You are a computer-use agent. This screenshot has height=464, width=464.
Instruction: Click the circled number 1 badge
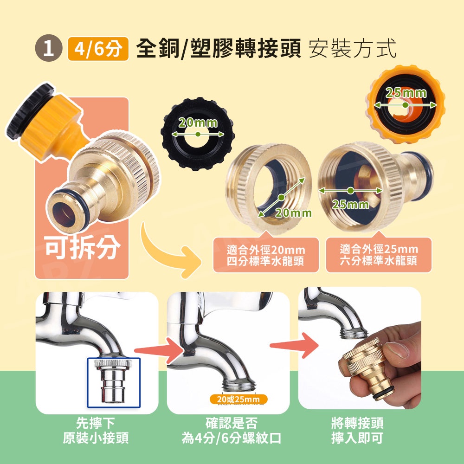(x=49, y=48)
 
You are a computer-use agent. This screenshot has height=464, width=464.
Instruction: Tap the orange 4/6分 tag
(x=98, y=49)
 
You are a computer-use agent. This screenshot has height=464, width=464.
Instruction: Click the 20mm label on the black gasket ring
(x=198, y=123)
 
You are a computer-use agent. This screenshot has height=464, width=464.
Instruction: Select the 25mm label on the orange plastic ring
(x=406, y=93)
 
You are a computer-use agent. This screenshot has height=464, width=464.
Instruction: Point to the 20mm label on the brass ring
(x=293, y=213)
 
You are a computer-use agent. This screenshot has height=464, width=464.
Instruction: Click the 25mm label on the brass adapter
(x=351, y=205)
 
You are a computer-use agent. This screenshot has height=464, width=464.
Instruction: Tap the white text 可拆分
(x=83, y=247)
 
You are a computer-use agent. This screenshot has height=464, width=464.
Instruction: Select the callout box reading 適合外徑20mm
(x=266, y=255)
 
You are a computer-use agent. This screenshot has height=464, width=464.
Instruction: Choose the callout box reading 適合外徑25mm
(x=379, y=255)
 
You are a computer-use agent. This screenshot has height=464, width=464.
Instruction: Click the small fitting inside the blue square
(x=113, y=380)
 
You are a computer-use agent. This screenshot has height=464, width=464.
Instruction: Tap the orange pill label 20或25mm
(x=238, y=400)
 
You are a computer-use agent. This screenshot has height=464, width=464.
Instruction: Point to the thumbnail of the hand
(x=360, y=348)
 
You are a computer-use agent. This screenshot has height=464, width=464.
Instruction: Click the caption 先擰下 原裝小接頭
(x=96, y=431)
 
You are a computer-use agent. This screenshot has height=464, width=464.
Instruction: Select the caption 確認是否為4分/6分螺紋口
(x=231, y=431)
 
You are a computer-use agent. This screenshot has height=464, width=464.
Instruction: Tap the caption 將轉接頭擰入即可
(x=357, y=431)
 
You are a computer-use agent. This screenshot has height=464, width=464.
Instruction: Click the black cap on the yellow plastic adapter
(x=30, y=111)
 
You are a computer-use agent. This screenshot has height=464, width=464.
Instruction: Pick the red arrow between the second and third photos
(x=294, y=345)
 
